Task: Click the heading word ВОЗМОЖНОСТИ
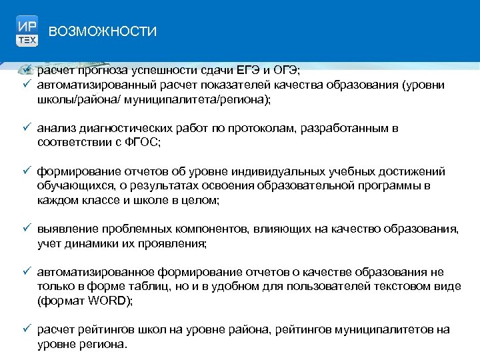103,31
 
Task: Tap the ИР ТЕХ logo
27,31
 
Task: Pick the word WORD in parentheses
112,301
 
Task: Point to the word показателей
234,85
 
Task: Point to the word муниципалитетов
385,330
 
